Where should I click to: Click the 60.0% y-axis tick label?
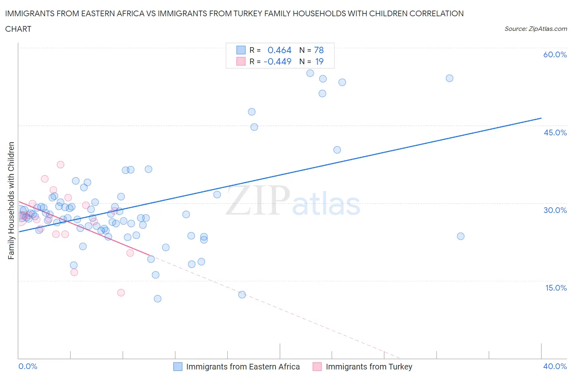555,54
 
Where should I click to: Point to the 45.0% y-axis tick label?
555,133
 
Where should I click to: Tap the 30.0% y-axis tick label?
555,210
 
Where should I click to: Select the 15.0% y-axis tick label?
555,288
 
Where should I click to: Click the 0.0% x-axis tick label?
28,366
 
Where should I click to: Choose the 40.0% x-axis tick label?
555,366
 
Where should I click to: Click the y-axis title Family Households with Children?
11,200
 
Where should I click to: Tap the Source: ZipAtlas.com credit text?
535,28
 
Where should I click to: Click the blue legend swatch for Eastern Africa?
178,367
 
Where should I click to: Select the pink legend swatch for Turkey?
317,367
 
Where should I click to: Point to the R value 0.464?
279,50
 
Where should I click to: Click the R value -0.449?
277,61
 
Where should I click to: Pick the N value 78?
319,50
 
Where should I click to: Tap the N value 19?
319,61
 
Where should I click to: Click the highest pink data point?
61,165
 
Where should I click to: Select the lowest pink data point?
121,293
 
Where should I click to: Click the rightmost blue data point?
461,236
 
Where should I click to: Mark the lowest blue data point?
157,299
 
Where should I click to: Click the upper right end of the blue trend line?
541,118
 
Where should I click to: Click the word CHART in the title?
18,29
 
